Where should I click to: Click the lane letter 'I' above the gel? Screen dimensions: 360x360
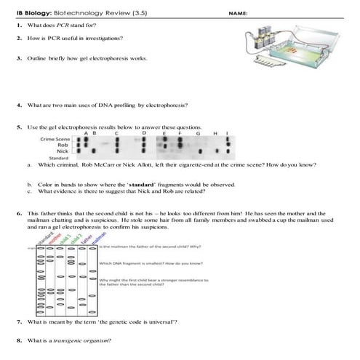[x=228, y=133]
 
